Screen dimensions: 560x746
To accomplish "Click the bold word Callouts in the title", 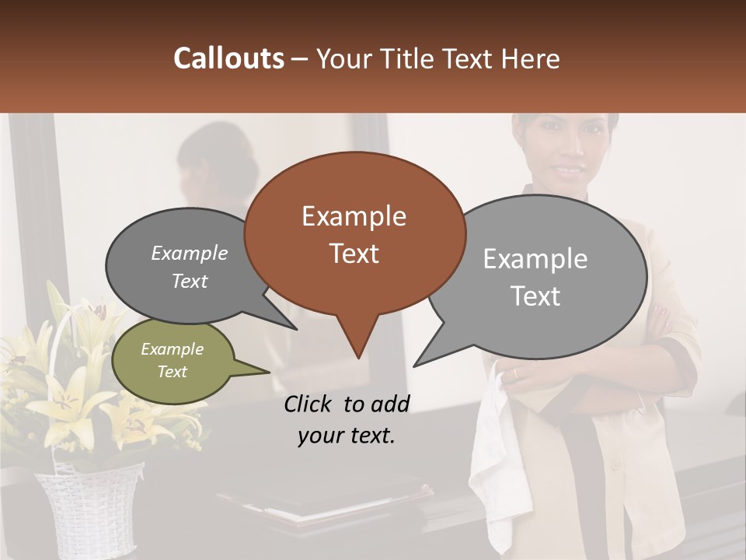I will [228, 58].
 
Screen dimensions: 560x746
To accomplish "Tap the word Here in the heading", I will [528, 58].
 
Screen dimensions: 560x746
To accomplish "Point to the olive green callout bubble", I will [173, 361].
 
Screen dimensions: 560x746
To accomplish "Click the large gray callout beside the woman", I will [536, 276].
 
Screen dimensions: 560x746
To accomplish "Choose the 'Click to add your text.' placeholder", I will [346, 419].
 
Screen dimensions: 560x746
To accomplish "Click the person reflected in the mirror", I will [214, 171].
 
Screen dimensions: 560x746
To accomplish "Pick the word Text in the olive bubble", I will [173, 372].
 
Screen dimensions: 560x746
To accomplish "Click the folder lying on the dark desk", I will [326, 498].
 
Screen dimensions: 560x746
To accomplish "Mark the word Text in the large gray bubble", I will [536, 296].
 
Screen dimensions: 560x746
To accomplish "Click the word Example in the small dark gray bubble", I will [190, 253].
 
